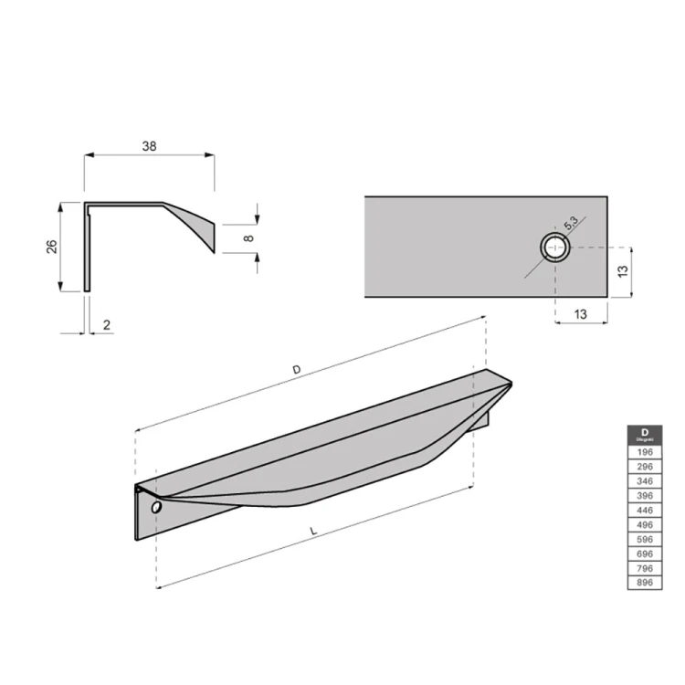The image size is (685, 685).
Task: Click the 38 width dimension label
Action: point(149,145)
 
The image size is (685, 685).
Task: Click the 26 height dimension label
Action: point(52,247)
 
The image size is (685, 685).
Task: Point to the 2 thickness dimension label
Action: point(107,324)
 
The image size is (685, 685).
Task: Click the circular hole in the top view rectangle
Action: point(554,247)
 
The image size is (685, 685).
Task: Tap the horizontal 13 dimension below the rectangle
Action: point(582,313)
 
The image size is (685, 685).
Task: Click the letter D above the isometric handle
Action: point(295,369)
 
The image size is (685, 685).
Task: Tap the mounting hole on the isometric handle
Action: point(155,506)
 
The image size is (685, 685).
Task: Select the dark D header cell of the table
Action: point(645,436)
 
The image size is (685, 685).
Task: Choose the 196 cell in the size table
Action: point(645,452)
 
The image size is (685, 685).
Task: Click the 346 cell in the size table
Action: point(645,479)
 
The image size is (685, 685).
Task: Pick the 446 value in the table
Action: point(645,510)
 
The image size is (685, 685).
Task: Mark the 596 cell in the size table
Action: point(645,539)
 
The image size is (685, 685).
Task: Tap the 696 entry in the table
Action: point(645,553)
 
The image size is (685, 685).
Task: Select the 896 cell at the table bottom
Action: point(645,583)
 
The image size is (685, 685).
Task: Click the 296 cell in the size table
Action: point(645,466)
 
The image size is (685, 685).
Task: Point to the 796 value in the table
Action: point(645,568)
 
